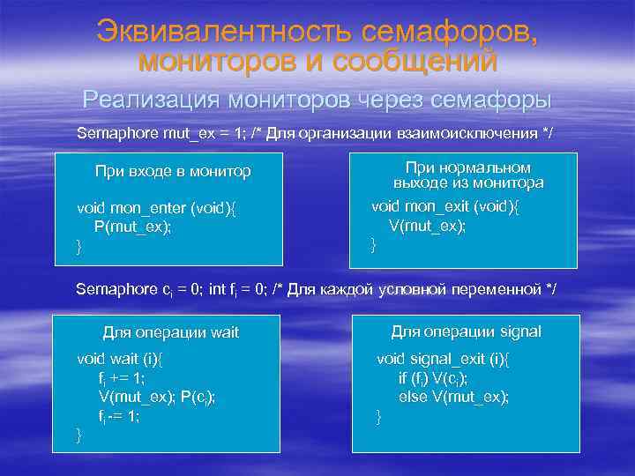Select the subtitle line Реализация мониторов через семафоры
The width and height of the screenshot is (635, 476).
317,97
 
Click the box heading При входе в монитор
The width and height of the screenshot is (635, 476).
173,171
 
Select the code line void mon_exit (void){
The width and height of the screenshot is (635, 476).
445,206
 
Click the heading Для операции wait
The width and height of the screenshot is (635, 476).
171,332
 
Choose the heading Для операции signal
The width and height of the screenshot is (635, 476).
466,331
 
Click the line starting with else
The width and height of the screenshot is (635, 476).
453,397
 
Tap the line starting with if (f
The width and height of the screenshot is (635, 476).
433,378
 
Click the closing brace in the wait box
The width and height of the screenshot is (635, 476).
80,435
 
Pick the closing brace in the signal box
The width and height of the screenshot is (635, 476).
380,416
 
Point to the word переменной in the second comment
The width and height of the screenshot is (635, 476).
501,289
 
